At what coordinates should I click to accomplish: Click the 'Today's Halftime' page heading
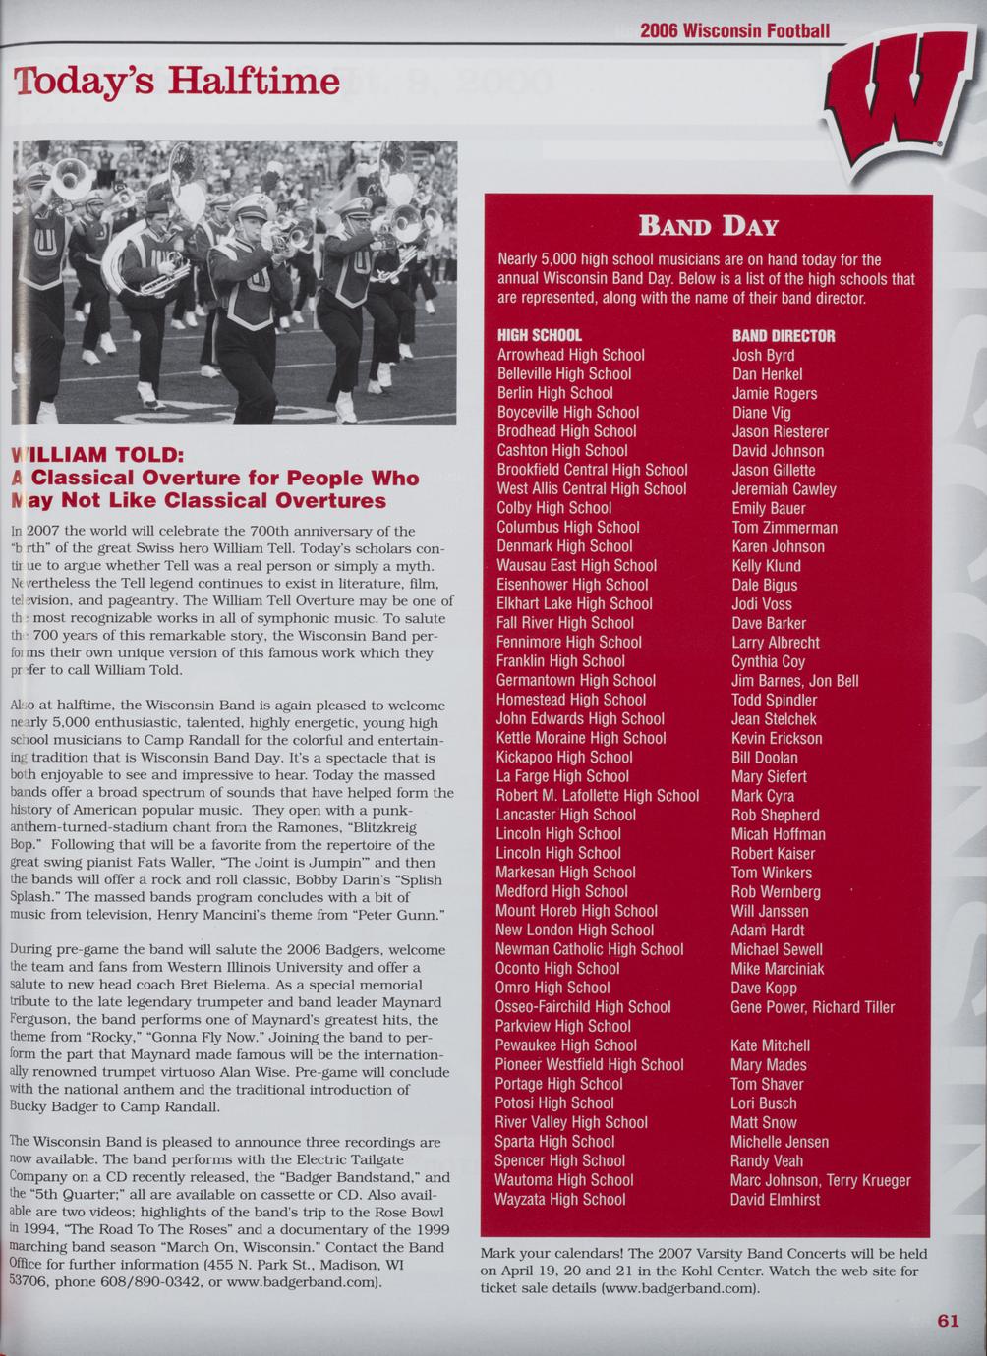coord(177,81)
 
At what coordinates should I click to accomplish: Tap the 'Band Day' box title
coord(708,227)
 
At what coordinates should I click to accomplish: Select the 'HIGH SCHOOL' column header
coord(539,336)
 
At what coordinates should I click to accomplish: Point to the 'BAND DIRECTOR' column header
coord(784,336)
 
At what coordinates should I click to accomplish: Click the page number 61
coord(947,1321)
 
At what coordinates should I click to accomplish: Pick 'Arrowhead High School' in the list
coord(570,355)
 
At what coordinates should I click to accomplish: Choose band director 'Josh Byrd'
coord(763,356)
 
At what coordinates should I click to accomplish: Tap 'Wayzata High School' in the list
coord(560,1199)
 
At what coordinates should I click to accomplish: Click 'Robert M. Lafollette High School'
coord(597,796)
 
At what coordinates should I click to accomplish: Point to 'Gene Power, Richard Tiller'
coord(812,1007)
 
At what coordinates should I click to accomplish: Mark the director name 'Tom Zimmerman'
coord(784,528)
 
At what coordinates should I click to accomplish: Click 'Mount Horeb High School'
coord(576,911)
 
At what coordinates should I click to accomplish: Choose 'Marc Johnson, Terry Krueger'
coord(820,1180)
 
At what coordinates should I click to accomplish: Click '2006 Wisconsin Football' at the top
coord(734,30)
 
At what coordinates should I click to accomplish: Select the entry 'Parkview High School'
coord(562,1026)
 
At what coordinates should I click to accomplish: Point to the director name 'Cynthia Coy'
coord(768,662)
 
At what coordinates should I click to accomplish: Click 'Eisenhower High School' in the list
coord(571,585)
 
